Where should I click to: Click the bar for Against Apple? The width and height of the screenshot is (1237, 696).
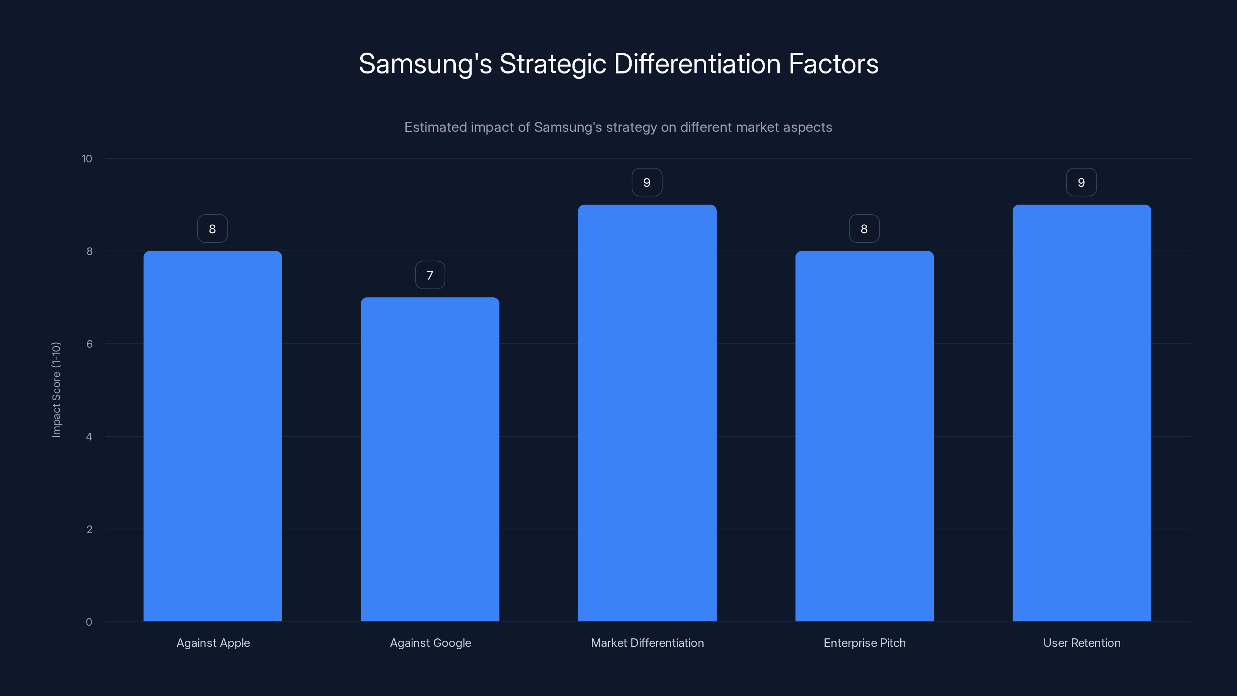[x=213, y=436]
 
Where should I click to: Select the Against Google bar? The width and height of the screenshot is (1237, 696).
[x=430, y=459]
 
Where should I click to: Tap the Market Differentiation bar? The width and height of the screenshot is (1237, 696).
[x=647, y=413]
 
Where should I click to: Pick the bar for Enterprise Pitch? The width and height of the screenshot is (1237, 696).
[x=864, y=436]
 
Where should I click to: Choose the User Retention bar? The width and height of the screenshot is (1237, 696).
[x=1082, y=413]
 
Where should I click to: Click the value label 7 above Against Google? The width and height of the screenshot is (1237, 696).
[x=430, y=275]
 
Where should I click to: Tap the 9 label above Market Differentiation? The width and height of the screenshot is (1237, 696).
[x=647, y=183]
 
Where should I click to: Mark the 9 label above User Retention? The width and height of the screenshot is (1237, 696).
[x=1081, y=183]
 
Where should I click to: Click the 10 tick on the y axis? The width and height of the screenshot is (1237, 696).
[x=87, y=159]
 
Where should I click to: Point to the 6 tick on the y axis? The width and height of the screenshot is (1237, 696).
[x=89, y=344]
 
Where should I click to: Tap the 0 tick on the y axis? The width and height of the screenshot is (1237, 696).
[x=89, y=623]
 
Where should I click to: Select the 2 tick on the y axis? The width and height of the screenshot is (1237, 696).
[x=89, y=529]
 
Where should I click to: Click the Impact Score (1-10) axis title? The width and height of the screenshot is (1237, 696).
[x=56, y=389]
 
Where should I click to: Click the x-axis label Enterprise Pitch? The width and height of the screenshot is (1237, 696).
[x=864, y=643]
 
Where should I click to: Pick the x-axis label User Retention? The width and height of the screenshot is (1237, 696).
[x=1082, y=643]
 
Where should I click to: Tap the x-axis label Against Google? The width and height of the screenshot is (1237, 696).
[x=430, y=643]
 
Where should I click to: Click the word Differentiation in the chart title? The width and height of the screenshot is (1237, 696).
[x=697, y=64]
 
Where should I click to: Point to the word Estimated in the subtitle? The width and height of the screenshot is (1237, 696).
[x=435, y=127]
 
